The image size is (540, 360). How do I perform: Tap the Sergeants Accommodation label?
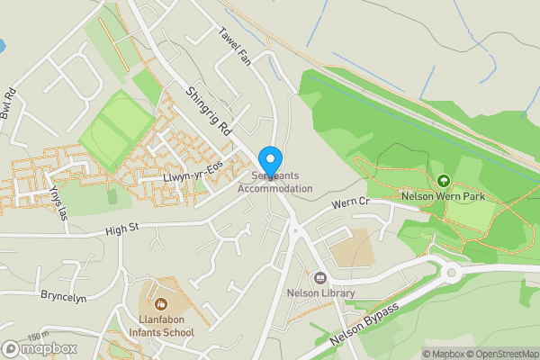pyautogui.click(x=275, y=183)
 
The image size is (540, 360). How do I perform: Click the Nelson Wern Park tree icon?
pyautogui.click(x=443, y=180)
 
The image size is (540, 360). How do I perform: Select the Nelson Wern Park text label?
pyautogui.click(x=443, y=195)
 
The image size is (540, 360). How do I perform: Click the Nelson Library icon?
pyautogui.click(x=320, y=278)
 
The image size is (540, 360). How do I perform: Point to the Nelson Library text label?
pyautogui.click(x=320, y=293)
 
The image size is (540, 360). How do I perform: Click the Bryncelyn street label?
pyautogui.click(x=63, y=296)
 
